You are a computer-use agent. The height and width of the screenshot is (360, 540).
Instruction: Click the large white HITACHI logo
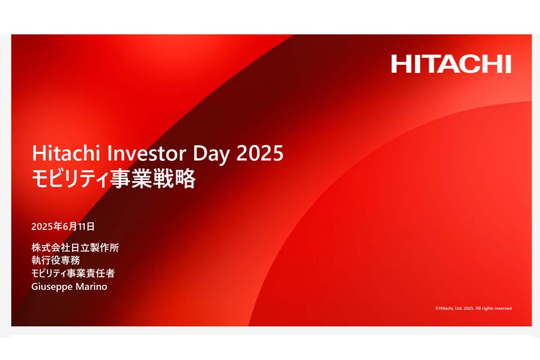(x=451, y=64)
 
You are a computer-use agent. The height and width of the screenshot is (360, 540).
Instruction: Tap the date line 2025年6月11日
(x=63, y=226)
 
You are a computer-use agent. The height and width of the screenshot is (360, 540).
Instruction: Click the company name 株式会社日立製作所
(x=75, y=247)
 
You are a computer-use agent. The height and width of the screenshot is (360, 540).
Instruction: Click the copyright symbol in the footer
(x=436, y=308)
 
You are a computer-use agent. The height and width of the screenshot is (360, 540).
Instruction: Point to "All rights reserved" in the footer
(x=493, y=308)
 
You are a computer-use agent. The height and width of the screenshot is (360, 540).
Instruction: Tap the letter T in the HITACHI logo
(x=425, y=64)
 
